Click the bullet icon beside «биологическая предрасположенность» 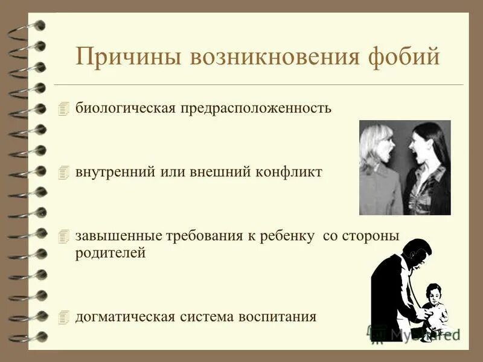(65, 109)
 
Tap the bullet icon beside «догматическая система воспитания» (65, 316)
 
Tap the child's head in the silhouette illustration (433, 295)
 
